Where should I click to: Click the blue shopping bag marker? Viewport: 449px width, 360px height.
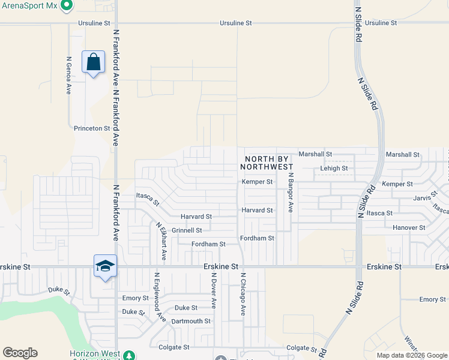click(x=94, y=62)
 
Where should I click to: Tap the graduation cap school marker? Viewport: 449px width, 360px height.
click(x=105, y=266)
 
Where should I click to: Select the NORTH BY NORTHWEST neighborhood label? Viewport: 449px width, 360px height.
click(x=269, y=163)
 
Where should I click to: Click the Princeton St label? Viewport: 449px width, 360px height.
click(x=92, y=128)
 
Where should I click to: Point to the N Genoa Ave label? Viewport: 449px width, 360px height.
click(x=69, y=75)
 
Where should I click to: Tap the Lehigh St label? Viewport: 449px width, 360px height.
click(x=334, y=169)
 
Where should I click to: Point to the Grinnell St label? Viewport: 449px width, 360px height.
click(x=187, y=230)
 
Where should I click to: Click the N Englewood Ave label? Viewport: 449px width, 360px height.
click(x=159, y=297)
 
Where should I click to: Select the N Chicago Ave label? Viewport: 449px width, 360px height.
click(x=244, y=294)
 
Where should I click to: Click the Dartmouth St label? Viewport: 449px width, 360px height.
click(x=191, y=321)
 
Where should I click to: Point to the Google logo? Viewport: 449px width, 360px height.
click(x=20, y=353)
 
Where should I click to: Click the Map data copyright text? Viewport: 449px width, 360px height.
click(x=412, y=355)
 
